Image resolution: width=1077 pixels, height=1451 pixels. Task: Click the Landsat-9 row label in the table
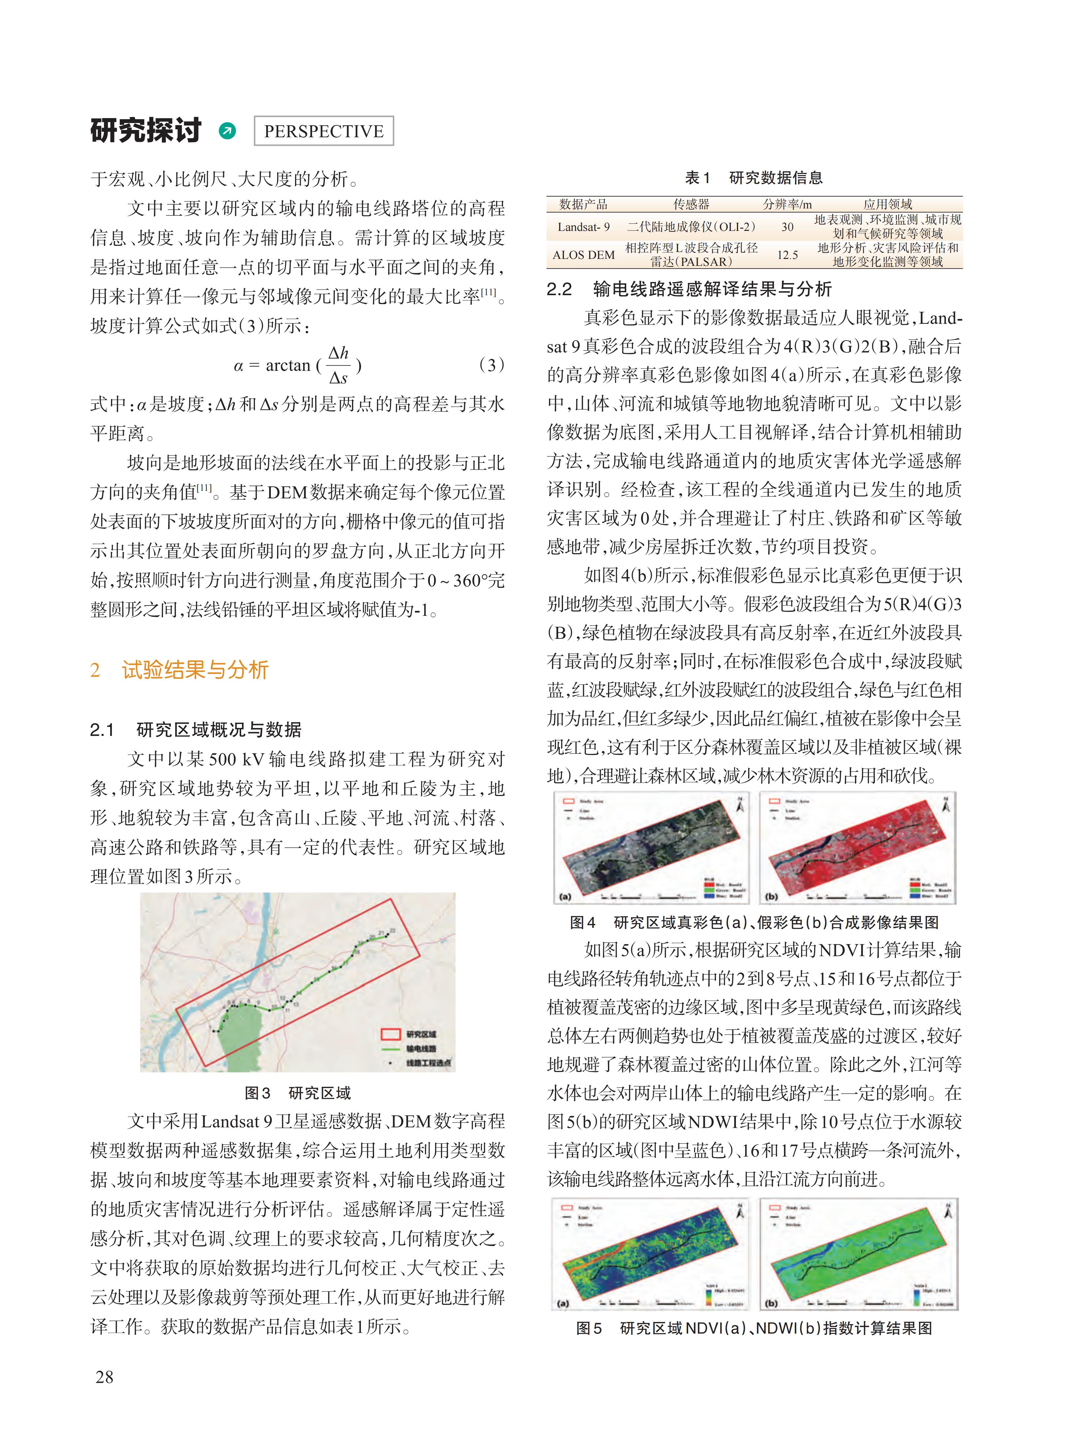(x=584, y=227)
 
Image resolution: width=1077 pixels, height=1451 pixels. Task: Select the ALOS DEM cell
(x=584, y=255)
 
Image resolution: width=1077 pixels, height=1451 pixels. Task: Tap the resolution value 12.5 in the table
(x=787, y=255)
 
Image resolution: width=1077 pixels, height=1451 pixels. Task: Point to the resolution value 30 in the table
(x=787, y=227)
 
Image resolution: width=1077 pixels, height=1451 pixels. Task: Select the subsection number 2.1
(x=102, y=729)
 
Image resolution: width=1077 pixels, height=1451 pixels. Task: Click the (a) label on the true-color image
(x=565, y=896)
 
